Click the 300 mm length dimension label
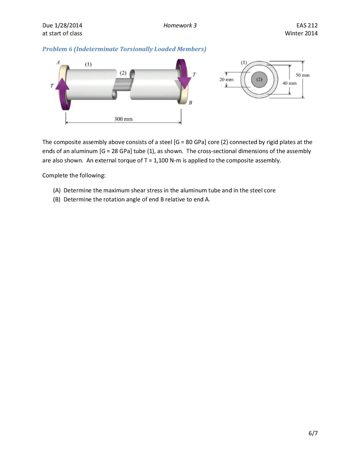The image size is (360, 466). pyautogui.click(x=123, y=119)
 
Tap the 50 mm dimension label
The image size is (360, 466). pyautogui.click(x=302, y=75)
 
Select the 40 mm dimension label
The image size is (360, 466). pyautogui.click(x=289, y=83)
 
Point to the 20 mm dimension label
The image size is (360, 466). pyautogui.click(x=226, y=80)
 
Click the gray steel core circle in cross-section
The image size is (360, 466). pyautogui.click(x=259, y=80)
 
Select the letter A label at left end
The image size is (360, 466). pyautogui.click(x=58, y=62)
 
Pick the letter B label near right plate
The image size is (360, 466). pyautogui.click(x=190, y=103)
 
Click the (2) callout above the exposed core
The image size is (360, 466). pyautogui.click(x=123, y=73)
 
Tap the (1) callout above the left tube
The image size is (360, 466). pyautogui.click(x=88, y=64)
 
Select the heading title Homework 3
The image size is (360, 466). pyautogui.click(x=180, y=25)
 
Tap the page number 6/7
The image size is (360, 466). pyautogui.click(x=313, y=433)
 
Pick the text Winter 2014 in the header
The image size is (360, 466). pyautogui.click(x=301, y=33)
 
